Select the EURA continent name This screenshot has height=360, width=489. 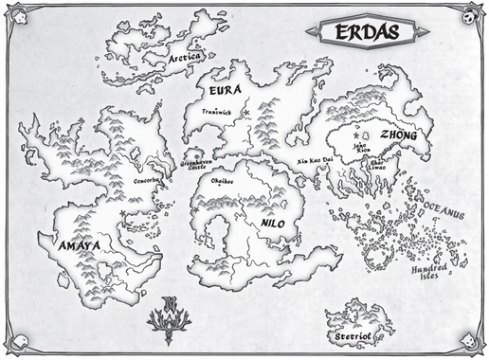tap(226, 92)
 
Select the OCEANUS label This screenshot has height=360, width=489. tap(440, 216)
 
